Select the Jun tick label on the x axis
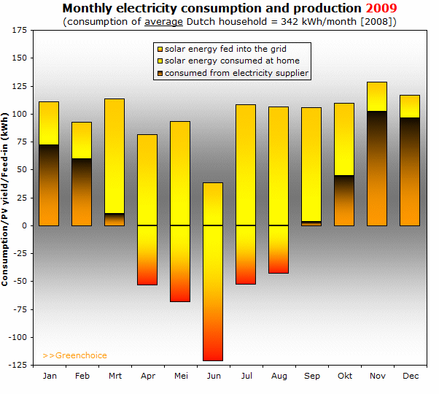coord(213,376)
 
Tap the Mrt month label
coord(114,376)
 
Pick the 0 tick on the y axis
coord(26,225)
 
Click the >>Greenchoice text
coord(75,356)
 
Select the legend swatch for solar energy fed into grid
coord(160,49)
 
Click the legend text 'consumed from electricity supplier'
coord(237,73)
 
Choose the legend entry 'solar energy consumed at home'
coord(232,61)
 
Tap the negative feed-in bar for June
coord(212,293)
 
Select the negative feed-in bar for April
coord(147,255)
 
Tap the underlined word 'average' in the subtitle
coord(163,22)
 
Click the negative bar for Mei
coord(180,263)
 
